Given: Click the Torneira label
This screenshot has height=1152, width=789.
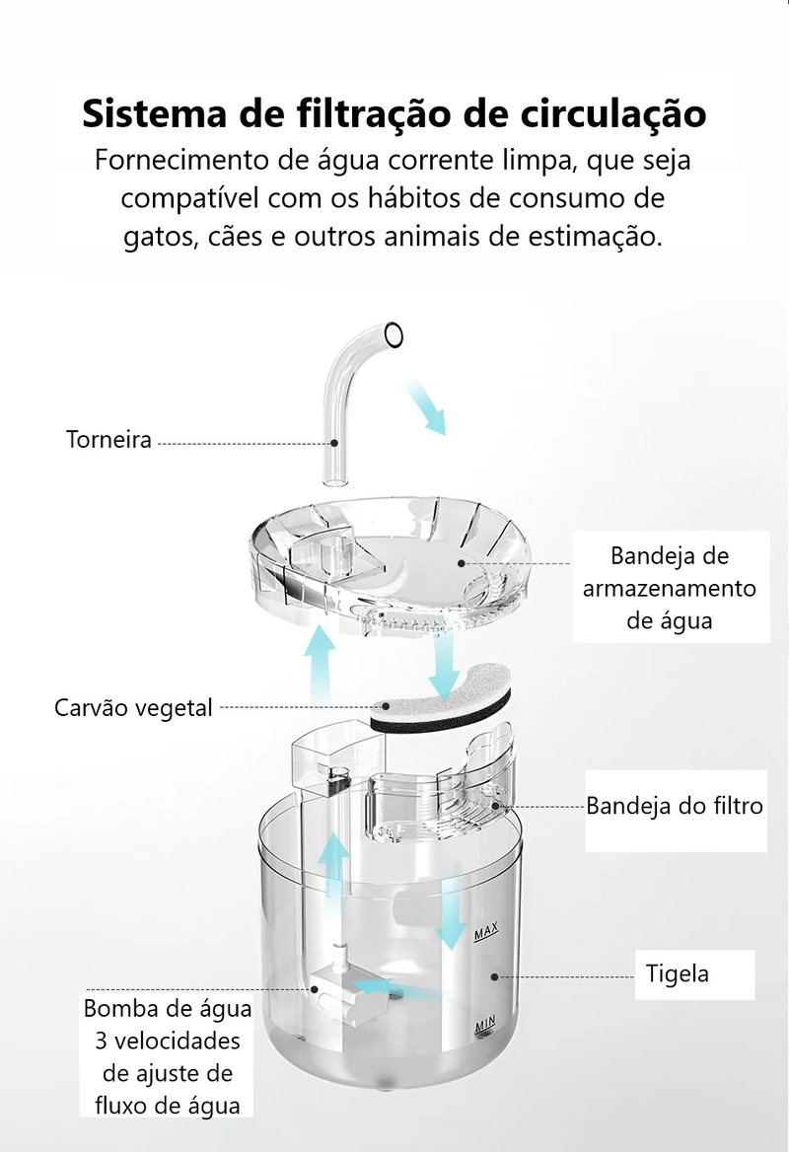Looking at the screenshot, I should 108,440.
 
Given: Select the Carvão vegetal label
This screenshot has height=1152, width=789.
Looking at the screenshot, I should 133,707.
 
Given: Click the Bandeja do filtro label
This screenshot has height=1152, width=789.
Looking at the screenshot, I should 675,806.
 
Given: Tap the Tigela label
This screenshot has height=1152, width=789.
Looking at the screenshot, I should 678,973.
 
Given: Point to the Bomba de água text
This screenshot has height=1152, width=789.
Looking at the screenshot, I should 168,1009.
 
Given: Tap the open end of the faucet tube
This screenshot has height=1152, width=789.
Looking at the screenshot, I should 394,335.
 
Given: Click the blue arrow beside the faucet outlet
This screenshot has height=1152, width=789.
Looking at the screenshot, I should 426,408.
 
